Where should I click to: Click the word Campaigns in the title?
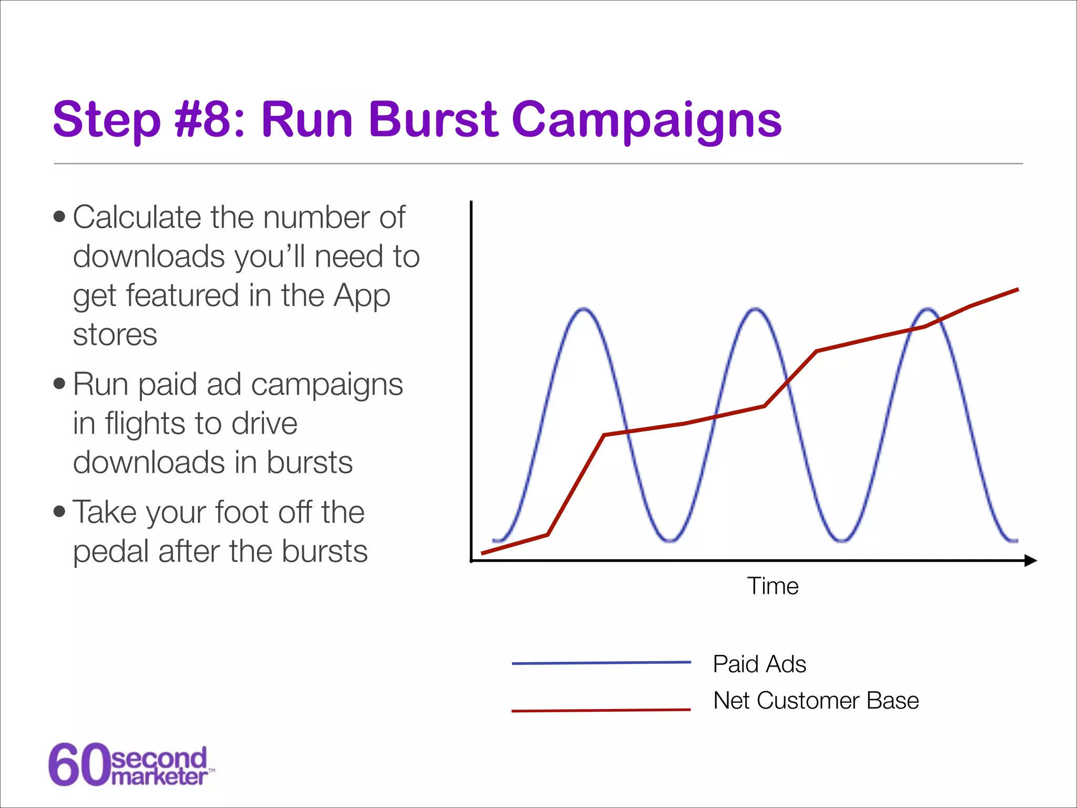(646, 121)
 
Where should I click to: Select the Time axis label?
(773, 586)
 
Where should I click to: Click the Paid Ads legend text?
(759, 664)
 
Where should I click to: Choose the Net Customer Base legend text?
(816, 701)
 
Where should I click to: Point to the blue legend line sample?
(601, 663)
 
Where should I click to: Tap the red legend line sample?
(601, 711)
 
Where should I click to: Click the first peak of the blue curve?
(584, 309)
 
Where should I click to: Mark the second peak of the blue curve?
(756, 309)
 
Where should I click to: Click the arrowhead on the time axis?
(1031, 561)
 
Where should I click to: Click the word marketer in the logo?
(159, 777)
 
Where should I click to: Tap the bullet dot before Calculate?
(59, 217)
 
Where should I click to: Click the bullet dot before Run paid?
(59, 383)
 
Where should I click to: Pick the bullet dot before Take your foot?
(59, 511)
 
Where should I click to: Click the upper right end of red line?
(1018, 289)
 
